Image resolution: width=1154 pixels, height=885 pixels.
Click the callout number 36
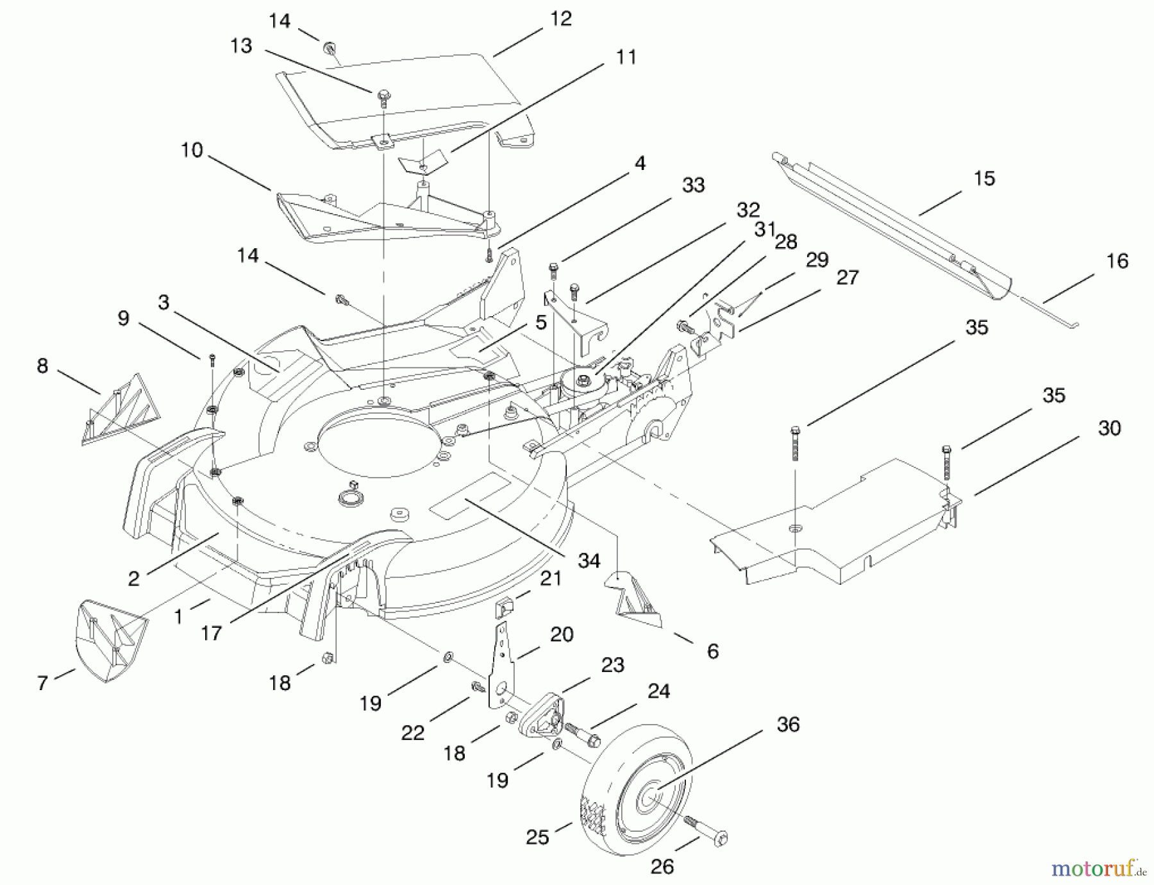pos(788,725)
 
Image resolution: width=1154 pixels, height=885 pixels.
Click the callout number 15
pos(984,178)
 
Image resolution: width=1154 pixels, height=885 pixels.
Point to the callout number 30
pos(1109,428)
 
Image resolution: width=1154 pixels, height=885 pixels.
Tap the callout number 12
pos(560,19)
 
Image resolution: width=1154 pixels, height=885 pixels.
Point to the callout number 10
pos(192,151)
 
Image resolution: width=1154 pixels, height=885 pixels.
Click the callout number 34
pos(589,560)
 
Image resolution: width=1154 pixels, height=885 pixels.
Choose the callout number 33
pos(693,185)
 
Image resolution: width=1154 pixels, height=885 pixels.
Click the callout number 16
pos(1117,261)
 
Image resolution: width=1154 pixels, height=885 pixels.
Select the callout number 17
pos(211,634)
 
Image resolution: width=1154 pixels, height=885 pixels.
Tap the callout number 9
pos(123,319)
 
